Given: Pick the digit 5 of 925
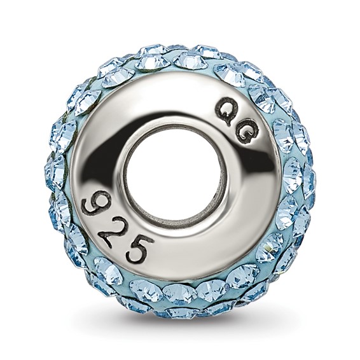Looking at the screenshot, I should point(139,249).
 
